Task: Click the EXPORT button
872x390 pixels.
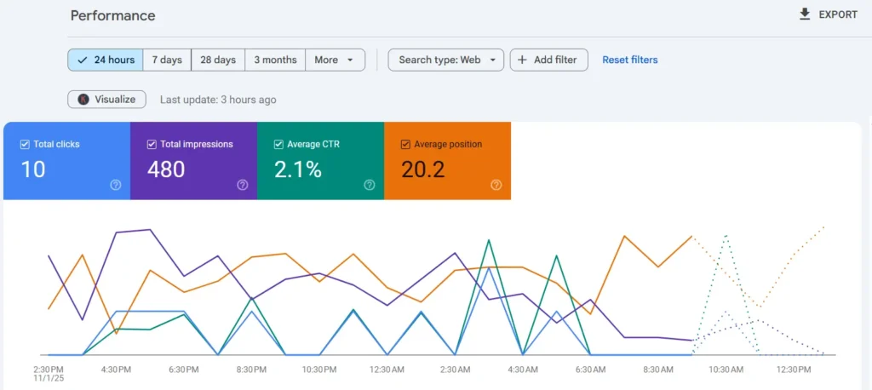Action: click(828, 14)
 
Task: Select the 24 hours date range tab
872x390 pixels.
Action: click(106, 60)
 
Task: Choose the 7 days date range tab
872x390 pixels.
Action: click(167, 60)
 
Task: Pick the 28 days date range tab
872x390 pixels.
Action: click(218, 60)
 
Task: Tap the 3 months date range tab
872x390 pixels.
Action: click(275, 60)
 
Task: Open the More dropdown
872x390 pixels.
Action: click(336, 60)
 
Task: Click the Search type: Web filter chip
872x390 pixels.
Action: click(446, 60)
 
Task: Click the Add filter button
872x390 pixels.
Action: click(548, 60)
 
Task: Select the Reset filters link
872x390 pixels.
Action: click(630, 60)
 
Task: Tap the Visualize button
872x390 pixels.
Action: click(107, 99)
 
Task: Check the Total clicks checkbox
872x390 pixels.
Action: click(26, 145)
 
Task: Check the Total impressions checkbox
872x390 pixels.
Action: click(152, 145)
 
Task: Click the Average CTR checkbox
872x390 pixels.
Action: click(279, 145)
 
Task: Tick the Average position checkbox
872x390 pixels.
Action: click(406, 145)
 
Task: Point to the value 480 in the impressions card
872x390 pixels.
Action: click(166, 169)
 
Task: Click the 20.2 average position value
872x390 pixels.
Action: click(423, 169)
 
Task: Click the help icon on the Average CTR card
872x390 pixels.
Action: click(370, 185)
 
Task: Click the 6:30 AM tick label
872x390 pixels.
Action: click(590, 370)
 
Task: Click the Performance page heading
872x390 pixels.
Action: click(112, 15)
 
